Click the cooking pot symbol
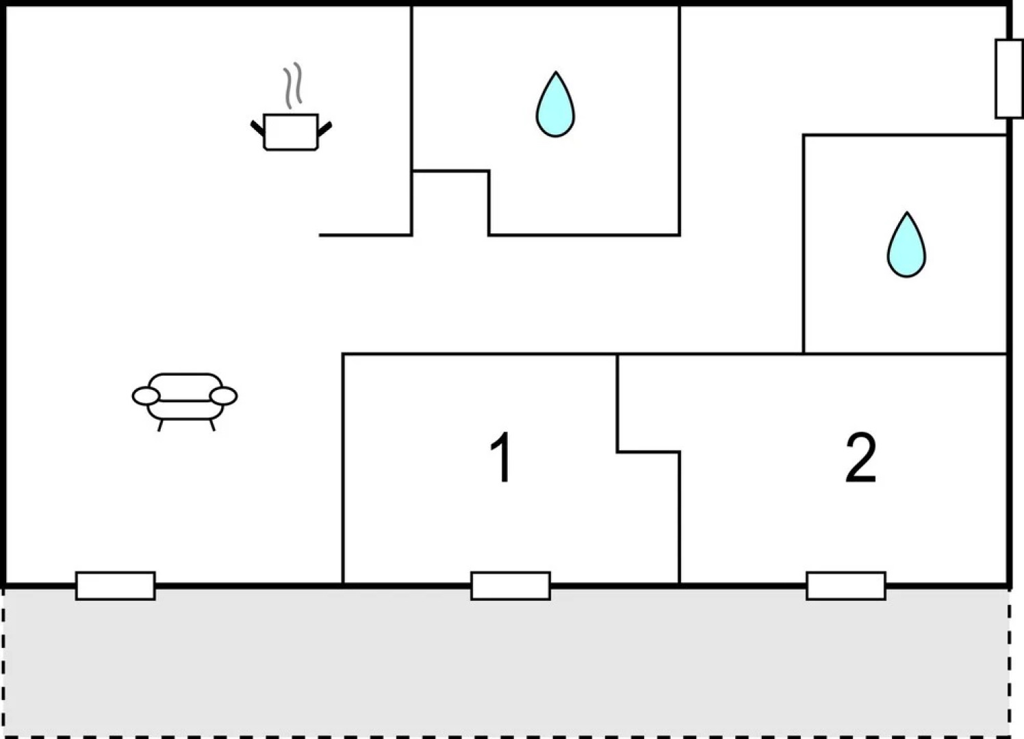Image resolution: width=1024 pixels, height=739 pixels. pos(291,131)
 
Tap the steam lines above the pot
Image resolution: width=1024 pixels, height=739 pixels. pos(292,86)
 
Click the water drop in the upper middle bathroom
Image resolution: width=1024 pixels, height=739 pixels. pos(555,104)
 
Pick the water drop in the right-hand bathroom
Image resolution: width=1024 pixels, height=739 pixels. pos(906,244)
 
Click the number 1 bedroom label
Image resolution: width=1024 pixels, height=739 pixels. pos(500,456)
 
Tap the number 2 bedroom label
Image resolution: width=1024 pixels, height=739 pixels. pos(861,458)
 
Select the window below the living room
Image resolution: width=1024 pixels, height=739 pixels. pos(115,586)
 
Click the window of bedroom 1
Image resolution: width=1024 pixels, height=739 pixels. pos(511,586)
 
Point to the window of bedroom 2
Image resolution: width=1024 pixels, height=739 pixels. pos(846,586)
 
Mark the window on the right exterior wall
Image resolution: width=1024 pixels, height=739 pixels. pos(1009,79)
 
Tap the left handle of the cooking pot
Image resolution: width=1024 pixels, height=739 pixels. pos(257,129)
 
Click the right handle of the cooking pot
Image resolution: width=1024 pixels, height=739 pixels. pos(324,129)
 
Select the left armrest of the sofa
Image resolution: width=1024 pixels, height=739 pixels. pos(146,396)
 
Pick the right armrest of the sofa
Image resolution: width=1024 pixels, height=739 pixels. pos(224,396)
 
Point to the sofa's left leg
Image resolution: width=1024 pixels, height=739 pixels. pos(160,426)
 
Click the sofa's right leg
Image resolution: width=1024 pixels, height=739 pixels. pos(212,425)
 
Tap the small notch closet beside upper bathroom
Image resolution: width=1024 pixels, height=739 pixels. pos(450,203)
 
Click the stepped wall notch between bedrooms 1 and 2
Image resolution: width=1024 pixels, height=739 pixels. pos(648,452)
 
